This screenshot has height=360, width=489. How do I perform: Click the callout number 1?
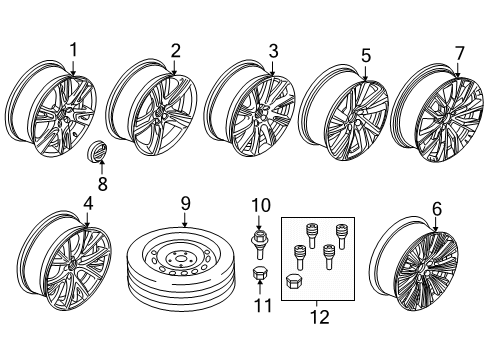[73, 50]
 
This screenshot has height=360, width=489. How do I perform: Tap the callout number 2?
[175, 50]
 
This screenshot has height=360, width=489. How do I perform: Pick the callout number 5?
[365, 55]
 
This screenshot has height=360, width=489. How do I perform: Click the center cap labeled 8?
[99, 153]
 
